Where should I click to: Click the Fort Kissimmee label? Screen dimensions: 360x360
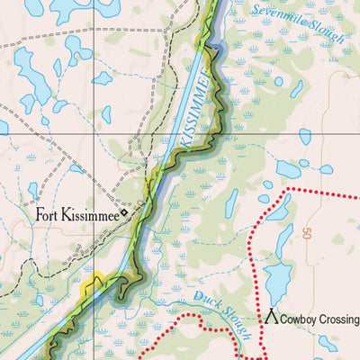point(77,215)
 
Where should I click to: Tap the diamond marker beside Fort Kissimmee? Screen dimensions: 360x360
point(125,213)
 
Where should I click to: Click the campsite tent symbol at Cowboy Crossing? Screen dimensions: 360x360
point(271,319)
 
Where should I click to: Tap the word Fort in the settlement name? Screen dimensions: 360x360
point(49,215)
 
